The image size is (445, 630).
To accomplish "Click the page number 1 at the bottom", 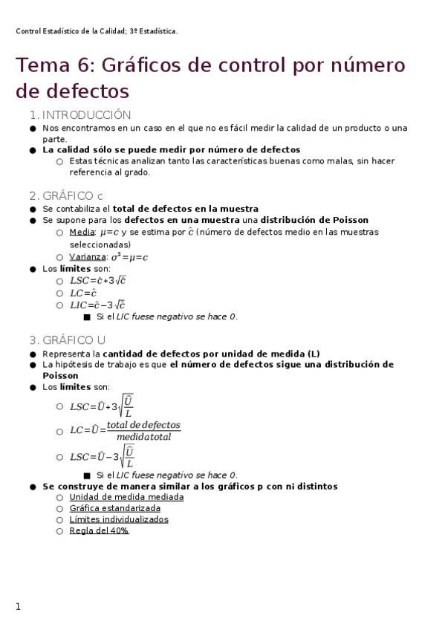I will pos(19,607).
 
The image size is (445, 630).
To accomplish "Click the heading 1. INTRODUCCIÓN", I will pos(79,115).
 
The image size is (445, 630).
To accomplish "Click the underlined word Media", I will pos(82,232).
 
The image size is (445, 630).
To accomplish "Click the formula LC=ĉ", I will pos(83,293).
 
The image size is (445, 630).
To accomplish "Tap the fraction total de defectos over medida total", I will pos(143,430).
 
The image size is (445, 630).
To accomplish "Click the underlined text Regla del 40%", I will pos(99,531).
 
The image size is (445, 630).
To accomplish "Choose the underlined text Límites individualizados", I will pos(119,519).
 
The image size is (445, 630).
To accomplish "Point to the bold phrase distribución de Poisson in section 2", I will pos(314,220).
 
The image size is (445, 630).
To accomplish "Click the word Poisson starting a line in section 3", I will pos(60,376).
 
